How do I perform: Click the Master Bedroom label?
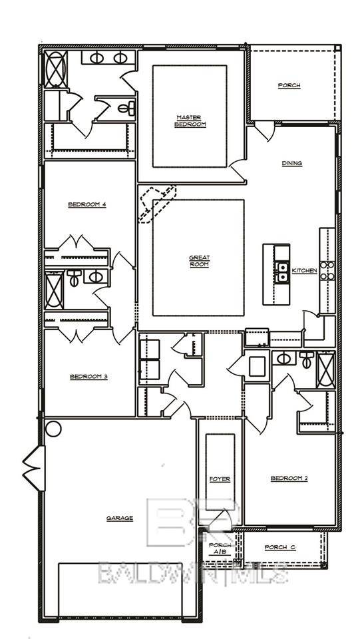pos(190,120)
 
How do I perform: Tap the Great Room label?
pos(199,260)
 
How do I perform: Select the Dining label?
pos(291,163)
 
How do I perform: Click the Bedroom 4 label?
pos(87,204)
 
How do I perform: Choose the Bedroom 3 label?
pos(89,377)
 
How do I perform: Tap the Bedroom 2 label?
pos(289,478)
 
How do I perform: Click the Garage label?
pos(120,518)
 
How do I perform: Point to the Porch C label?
pos(279,547)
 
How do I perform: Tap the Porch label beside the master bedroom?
pos(289,85)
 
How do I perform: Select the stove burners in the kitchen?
pos(327,270)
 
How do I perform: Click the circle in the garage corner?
pos(53,428)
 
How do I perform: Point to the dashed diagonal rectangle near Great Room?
pos(157,203)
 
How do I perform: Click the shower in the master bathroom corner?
pos(55,69)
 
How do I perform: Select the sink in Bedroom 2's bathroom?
pos(284,358)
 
